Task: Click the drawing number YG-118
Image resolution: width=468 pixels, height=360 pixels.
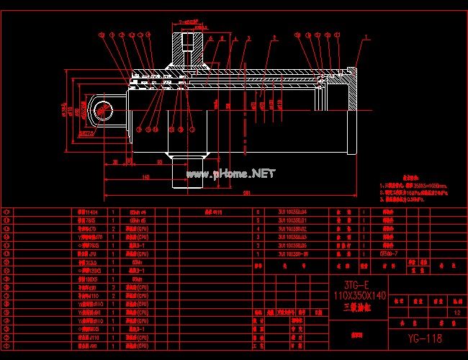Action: tap(423, 338)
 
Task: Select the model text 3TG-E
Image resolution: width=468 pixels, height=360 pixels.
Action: tap(359, 283)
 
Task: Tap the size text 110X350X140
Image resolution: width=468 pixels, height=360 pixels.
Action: tap(359, 296)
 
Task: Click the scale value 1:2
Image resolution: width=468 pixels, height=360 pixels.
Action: tap(454, 312)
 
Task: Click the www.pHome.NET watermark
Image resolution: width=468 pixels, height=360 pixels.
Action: tap(231, 174)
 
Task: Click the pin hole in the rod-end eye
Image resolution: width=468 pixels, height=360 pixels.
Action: tap(102, 109)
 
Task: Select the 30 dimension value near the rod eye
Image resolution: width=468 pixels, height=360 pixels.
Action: tap(116, 163)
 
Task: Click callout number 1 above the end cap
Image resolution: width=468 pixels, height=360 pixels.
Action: tap(366, 37)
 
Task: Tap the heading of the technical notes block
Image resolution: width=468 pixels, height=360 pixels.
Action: tap(410, 176)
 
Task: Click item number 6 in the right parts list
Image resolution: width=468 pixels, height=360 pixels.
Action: tap(257, 212)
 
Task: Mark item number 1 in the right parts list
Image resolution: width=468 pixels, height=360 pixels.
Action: tap(257, 254)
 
